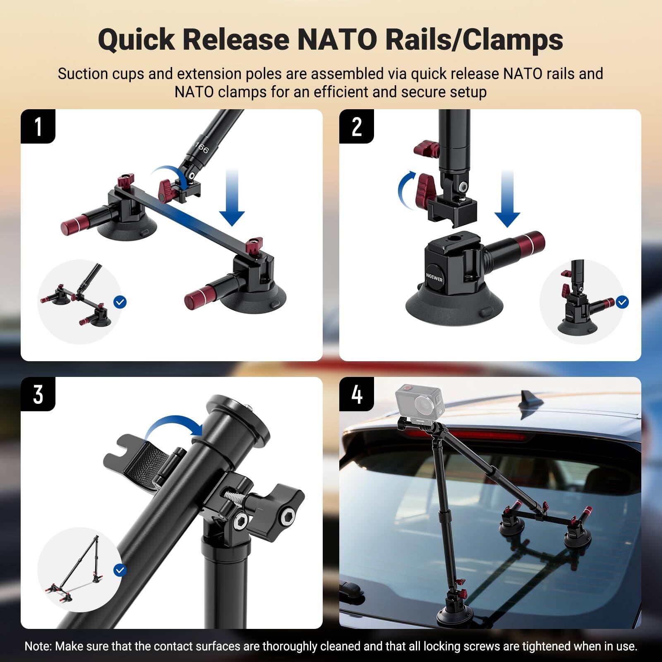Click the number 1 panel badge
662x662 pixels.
point(38,126)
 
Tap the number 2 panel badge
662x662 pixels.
point(357,126)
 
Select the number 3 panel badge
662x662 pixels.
point(38,394)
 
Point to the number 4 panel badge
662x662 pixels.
point(357,394)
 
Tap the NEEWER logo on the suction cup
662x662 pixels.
point(434,276)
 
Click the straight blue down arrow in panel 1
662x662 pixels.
point(232,199)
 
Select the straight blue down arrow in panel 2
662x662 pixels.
point(507,199)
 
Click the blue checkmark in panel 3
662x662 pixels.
point(120,570)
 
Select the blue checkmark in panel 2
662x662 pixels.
point(622,302)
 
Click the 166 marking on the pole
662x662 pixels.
point(201,147)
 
